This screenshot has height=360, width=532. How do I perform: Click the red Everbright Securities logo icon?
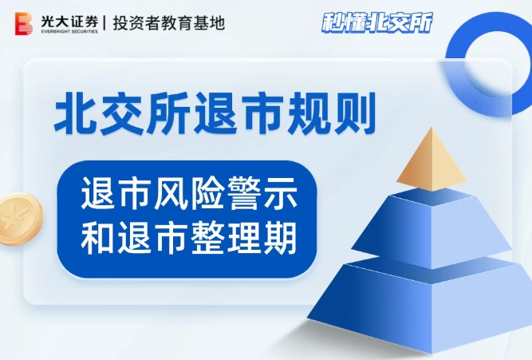pos(24,23)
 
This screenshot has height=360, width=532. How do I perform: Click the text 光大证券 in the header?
pos(69,22)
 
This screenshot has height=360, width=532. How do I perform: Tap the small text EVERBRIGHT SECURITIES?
pos(69,32)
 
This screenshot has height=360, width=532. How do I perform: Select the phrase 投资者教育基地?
pos(168,23)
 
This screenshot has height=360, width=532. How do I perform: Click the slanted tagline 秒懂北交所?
pos(377,23)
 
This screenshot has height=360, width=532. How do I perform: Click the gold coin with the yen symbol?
pos(20,218)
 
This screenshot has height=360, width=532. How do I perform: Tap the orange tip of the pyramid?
pos(432,160)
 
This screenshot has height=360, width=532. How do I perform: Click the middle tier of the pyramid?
pos(432,227)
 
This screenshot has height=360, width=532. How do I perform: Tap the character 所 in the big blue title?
pos(167,113)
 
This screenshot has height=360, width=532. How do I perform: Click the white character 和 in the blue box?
pos(98,237)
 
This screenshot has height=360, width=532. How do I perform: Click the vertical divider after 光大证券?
pos(105,23)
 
